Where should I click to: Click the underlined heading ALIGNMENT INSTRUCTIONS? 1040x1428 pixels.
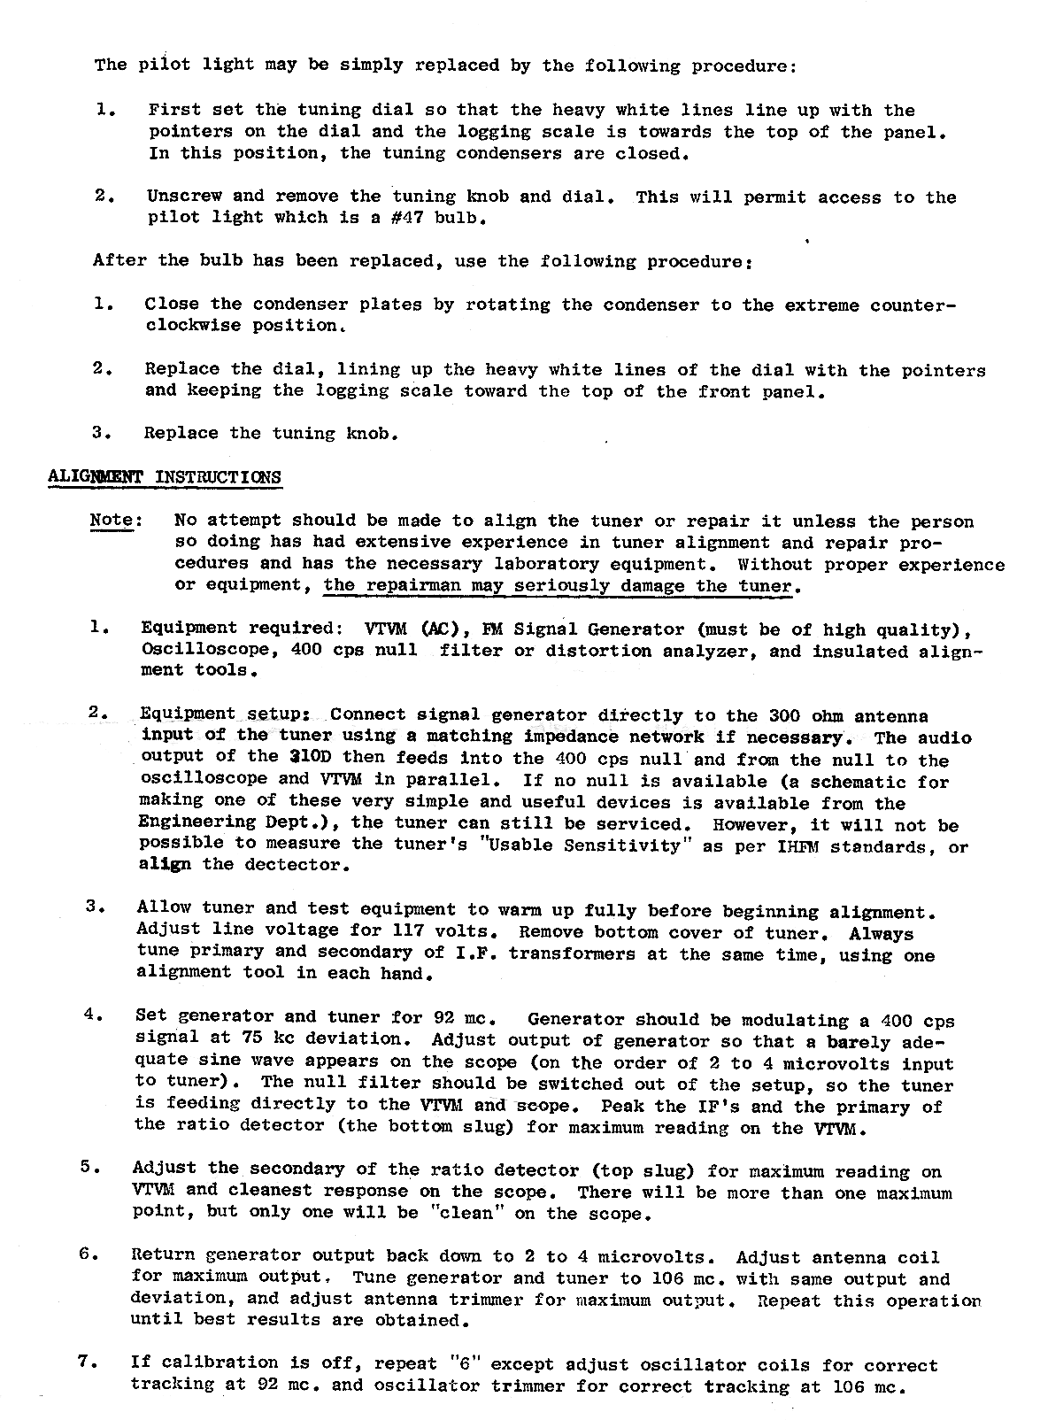[164, 476]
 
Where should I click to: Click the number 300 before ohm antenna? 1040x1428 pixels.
[786, 716]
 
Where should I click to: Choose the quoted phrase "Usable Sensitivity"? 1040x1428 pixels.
[603, 845]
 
